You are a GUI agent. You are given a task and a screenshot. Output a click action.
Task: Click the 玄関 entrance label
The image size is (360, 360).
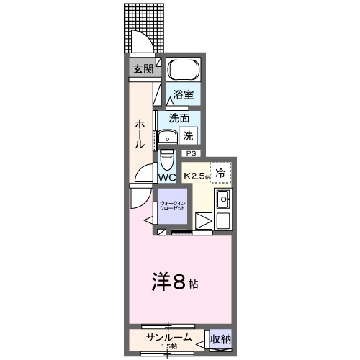pos(143,69)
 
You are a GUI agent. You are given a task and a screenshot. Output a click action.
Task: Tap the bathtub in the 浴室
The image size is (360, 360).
pos(183,71)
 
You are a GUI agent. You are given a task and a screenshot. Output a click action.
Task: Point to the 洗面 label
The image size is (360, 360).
pos(179,118)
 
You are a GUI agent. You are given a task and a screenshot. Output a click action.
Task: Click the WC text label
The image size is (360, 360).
pos(167,177)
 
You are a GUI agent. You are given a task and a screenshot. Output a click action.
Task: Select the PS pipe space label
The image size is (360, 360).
pos(191,153)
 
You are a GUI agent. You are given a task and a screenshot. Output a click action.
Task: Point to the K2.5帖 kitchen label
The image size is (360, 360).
pos(196,176)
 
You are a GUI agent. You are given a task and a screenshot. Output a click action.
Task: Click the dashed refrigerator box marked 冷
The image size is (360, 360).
pos(221,172)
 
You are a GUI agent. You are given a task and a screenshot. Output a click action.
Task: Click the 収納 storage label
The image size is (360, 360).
pos(220,339)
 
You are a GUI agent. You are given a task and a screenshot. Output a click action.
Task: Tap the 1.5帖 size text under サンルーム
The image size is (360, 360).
pos(170,348)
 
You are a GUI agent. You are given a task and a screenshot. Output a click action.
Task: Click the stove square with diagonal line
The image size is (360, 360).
pos(204,222)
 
